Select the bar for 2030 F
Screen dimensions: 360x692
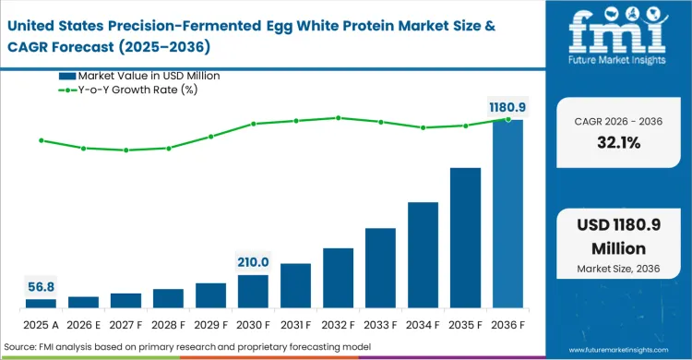pyautogui.click(x=253, y=291)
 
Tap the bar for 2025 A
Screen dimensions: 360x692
pyautogui.click(x=41, y=303)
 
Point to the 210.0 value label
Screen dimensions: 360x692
pyautogui.click(x=253, y=262)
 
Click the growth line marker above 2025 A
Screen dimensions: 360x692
pyautogui.click(x=41, y=140)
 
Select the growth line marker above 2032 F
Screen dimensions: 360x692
pyautogui.click(x=338, y=117)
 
